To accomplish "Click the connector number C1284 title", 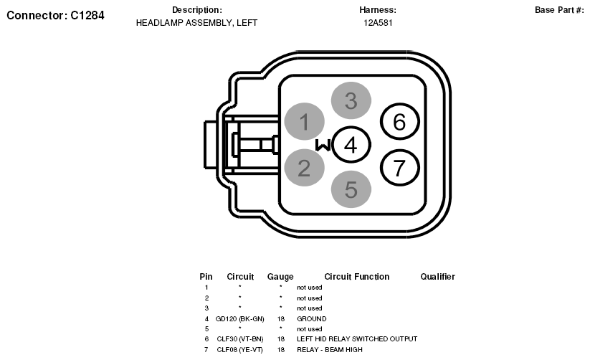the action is click(x=55, y=16).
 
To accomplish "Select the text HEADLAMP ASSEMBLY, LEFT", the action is click(x=197, y=23).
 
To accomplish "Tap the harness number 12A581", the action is click(x=378, y=23).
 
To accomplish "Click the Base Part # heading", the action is click(x=559, y=10).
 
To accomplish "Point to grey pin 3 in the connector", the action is click(x=351, y=100).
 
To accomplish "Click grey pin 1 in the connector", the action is click(x=305, y=122).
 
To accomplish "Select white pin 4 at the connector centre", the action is click(x=351, y=145).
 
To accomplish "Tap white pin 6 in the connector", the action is click(x=399, y=122).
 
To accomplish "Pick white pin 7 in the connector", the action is click(x=399, y=168).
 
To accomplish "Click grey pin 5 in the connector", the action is click(x=351, y=189).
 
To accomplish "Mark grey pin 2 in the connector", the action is click(x=305, y=168).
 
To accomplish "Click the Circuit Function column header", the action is click(x=357, y=277).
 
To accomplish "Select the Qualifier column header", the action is click(x=437, y=277).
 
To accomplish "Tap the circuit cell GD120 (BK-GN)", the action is click(x=239, y=319).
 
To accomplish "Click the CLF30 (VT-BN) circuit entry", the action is click(x=239, y=339).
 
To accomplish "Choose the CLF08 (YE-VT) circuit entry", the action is click(x=239, y=350).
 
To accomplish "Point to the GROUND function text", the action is click(x=312, y=319).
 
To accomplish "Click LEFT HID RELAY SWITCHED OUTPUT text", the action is click(x=357, y=339).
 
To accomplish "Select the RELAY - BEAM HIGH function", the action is click(x=330, y=350).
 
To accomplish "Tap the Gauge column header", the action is click(x=280, y=277).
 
